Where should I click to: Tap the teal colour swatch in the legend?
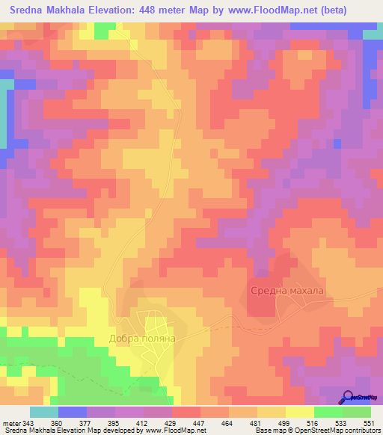(x=43, y=413)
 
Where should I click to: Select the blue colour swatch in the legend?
(x=72, y=413)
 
